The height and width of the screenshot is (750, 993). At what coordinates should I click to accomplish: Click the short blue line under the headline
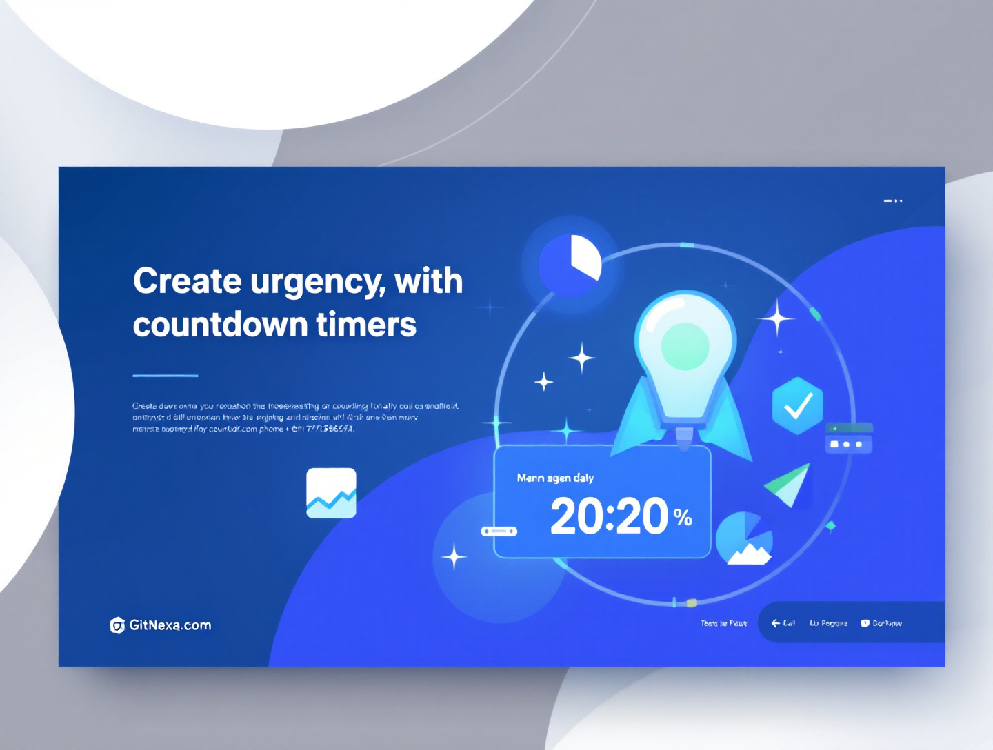(x=165, y=376)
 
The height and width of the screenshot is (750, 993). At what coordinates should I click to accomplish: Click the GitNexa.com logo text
(x=170, y=625)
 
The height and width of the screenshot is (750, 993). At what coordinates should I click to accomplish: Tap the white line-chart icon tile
(x=331, y=493)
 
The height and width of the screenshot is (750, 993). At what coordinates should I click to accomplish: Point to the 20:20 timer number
(x=609, y=516)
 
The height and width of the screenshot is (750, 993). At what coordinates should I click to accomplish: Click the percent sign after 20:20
(x=683, y=517)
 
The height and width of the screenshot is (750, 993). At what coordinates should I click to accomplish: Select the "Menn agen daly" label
(x=555, y=478)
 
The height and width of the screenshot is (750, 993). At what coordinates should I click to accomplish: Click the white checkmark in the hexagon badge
(x=798, y=406)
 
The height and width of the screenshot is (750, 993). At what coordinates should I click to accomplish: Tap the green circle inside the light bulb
(x=685, y=346)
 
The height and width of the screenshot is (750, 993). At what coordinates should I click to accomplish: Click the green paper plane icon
(x=790, y=485)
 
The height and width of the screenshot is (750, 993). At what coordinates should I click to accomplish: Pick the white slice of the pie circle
(x=585, y=256)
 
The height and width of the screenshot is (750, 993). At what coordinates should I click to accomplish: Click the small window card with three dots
(x=849, y=438)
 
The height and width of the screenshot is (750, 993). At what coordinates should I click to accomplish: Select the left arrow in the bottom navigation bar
(x=776, y=623)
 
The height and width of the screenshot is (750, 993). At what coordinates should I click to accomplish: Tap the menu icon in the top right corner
(x=893, y=201)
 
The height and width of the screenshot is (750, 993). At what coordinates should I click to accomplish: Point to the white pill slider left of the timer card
(x=499, y=531)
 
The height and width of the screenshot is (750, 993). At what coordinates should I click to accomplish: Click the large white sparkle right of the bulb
(x=777, y=318)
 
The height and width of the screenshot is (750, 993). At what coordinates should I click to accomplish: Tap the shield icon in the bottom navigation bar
(x=865, y=623)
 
